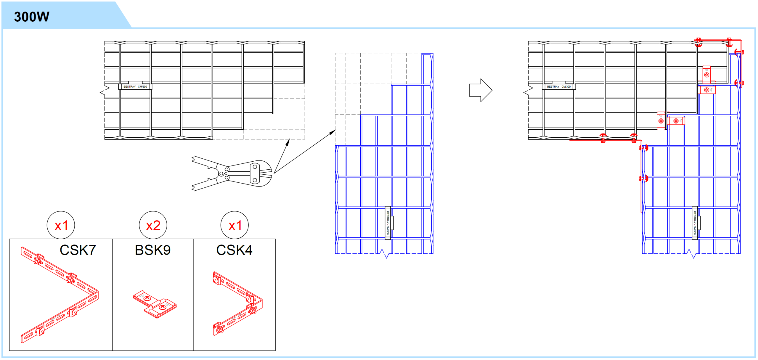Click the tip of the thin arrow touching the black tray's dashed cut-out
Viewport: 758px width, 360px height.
289,139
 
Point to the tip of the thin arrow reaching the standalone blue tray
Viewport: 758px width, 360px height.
336,130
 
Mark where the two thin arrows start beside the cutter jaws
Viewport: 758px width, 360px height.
274,173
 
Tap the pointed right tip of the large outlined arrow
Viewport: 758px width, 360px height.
492,90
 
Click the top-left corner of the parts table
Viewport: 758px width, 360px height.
9,239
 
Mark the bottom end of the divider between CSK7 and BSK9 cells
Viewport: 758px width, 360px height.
112,351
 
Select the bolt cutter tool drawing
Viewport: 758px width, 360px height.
232,173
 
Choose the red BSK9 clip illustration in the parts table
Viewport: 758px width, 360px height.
155,304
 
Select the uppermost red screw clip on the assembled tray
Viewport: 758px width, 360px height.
706,74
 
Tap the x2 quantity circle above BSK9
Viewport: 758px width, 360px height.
153,225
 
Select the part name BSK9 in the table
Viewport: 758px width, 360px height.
153,250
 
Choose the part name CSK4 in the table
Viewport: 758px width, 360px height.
235,250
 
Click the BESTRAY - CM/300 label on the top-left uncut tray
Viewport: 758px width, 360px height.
135,87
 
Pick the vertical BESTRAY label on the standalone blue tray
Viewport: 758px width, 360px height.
388,223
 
